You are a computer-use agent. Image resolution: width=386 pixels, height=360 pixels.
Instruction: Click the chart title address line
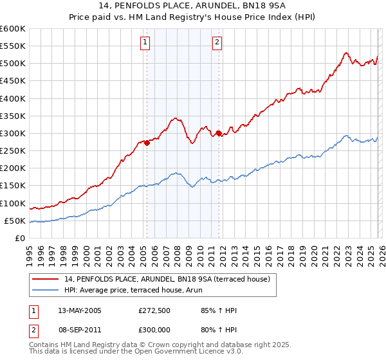[193, 6]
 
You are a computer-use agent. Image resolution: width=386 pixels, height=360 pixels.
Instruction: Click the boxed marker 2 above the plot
[217, 43]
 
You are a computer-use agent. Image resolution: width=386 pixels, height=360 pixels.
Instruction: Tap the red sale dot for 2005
[147, 143]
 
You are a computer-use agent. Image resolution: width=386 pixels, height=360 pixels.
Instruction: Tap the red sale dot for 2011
[219, 133]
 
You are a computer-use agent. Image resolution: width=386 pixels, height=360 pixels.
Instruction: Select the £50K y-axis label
[15, 221]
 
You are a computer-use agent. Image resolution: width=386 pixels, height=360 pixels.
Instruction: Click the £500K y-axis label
[13, 63]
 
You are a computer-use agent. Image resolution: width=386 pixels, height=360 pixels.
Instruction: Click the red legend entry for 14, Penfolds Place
[170, 278]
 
